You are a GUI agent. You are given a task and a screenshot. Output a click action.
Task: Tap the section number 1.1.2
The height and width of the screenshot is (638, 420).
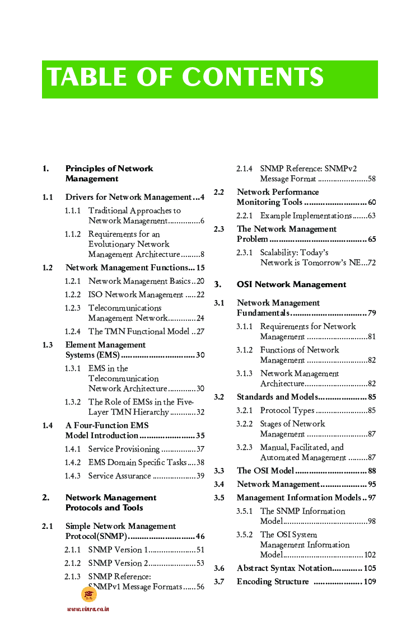72,234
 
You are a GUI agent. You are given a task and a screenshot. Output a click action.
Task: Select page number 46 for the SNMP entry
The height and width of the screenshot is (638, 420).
200,536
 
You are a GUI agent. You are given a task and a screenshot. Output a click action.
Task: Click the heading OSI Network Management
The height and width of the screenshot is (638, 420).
291,284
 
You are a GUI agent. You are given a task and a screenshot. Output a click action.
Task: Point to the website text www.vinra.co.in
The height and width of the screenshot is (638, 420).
88,609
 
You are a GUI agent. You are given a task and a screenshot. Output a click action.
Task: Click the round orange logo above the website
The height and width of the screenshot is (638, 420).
89,594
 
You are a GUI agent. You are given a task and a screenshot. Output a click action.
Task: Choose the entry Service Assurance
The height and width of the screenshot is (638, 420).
119,476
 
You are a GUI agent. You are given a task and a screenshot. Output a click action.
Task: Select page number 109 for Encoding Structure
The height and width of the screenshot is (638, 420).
370,581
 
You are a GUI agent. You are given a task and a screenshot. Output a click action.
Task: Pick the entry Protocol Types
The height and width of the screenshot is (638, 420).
287,410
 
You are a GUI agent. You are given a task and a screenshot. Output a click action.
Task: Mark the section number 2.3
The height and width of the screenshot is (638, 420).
219,229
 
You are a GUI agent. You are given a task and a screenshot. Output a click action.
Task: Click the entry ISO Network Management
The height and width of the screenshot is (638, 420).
136,294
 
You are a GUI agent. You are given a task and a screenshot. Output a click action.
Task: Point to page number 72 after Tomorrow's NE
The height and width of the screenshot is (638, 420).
371,262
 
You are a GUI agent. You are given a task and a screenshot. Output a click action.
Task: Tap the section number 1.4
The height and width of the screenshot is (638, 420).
48,425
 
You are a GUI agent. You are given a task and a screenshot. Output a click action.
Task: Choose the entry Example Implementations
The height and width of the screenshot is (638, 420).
306,215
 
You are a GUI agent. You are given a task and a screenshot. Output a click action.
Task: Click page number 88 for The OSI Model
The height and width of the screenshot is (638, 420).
372,471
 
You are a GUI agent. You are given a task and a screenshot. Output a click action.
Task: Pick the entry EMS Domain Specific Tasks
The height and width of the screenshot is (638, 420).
137,462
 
